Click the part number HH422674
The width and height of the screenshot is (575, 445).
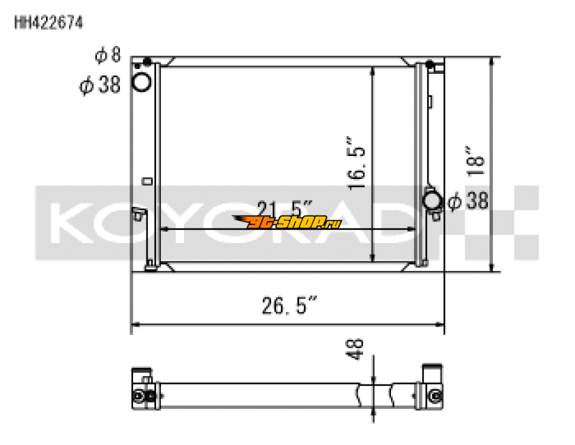pos(49,22)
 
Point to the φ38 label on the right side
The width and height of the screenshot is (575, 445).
pos(468,202)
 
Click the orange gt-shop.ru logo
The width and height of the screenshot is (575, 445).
pos(288,222)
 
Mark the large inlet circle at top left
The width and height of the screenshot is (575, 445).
pos(142,83)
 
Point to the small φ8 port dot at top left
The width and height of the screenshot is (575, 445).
pos(147,62)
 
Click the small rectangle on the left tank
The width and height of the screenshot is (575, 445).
pos(147,181)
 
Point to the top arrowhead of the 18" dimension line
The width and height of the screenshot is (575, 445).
pos(492,61)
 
